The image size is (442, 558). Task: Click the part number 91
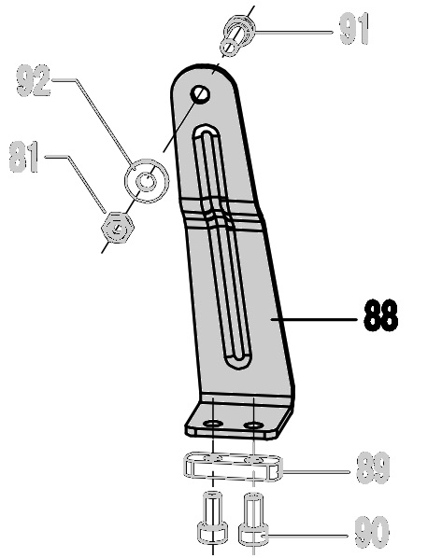pyautogui.click(x=353, y=29)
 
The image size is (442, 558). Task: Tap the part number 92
pyautogui.click(x=34, y=80)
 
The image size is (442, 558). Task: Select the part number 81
pyautogui.click(x=23, y=157)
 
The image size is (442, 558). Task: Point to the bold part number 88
pyautogui.click(x=380, y=315)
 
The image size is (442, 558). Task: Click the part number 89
pyautogui.click(x=373, y=467)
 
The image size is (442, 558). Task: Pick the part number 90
pyautogui.click(x=371, y=532)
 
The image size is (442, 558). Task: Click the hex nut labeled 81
pyautogui.click(x=117, y=228)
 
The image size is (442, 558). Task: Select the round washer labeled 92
pyautogui.click(x=147, y=181)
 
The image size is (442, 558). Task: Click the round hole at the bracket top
pyautogui.click(x=200, y=94)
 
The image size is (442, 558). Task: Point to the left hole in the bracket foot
pyautogui.click(x=213, y=424)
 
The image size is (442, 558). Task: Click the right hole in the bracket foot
pyautogui.click(x=253, y=425)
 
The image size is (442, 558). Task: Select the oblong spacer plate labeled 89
pyautogui.click(x=233, y=467)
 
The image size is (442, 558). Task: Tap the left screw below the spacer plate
pyautogui.click(x=212, y=515)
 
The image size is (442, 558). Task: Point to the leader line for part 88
pyautogui.click(x=314, y=319)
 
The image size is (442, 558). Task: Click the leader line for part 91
pyautogui.click(x=294, y=32)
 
